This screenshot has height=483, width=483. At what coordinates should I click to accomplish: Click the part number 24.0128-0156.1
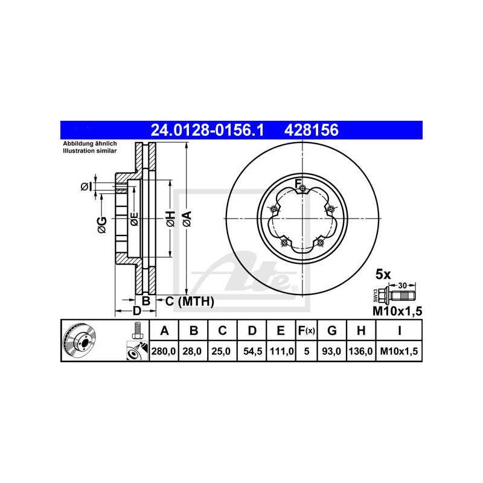pos(207,130)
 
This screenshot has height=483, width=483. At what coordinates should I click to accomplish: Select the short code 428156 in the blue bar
pos(312,130)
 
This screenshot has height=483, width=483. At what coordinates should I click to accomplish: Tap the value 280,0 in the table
pos(164,351)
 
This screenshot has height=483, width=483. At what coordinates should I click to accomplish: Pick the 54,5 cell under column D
pos(252,351)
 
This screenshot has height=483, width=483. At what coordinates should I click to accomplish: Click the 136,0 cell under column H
pos(360,351)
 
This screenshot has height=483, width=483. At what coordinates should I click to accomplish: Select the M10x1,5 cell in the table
pos(399,351)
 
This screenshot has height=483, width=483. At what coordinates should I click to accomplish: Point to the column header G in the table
pos(331,330)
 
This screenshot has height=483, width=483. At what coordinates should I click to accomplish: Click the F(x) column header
pos(307,330)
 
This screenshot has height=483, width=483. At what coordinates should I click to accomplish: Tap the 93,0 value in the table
pos(331,351)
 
